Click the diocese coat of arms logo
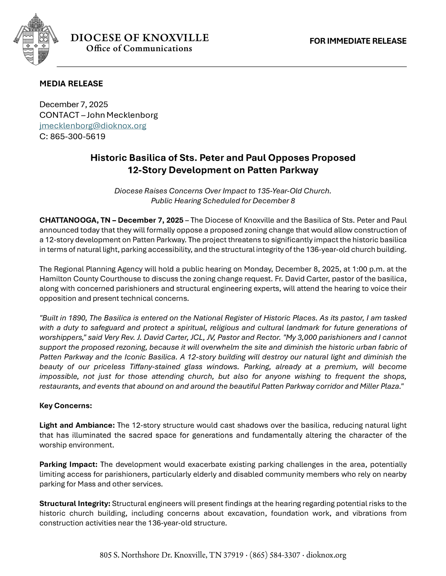click(35, 39)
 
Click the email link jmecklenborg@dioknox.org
click(93, 126)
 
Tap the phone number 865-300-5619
click(78, 137)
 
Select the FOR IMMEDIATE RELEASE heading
click(358, 41)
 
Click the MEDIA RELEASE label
click(71, 84)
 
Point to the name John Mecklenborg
click(122, 115)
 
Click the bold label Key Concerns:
click(65, 406)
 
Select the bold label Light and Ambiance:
click(77, 425)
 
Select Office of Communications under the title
click(139, 49)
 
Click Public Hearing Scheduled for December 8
click(223, 201)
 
